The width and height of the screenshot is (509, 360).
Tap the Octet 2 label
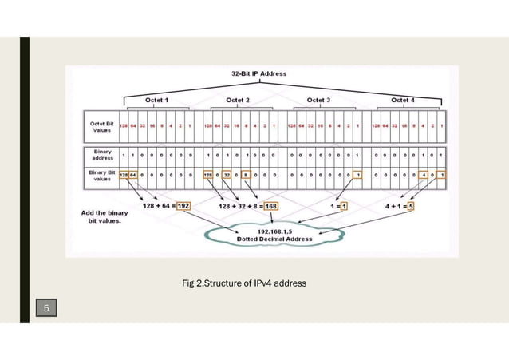[x=239, y=101]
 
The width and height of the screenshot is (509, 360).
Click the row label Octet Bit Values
[x=100, y=127]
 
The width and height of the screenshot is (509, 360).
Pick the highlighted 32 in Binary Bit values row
[x=226, y=174]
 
